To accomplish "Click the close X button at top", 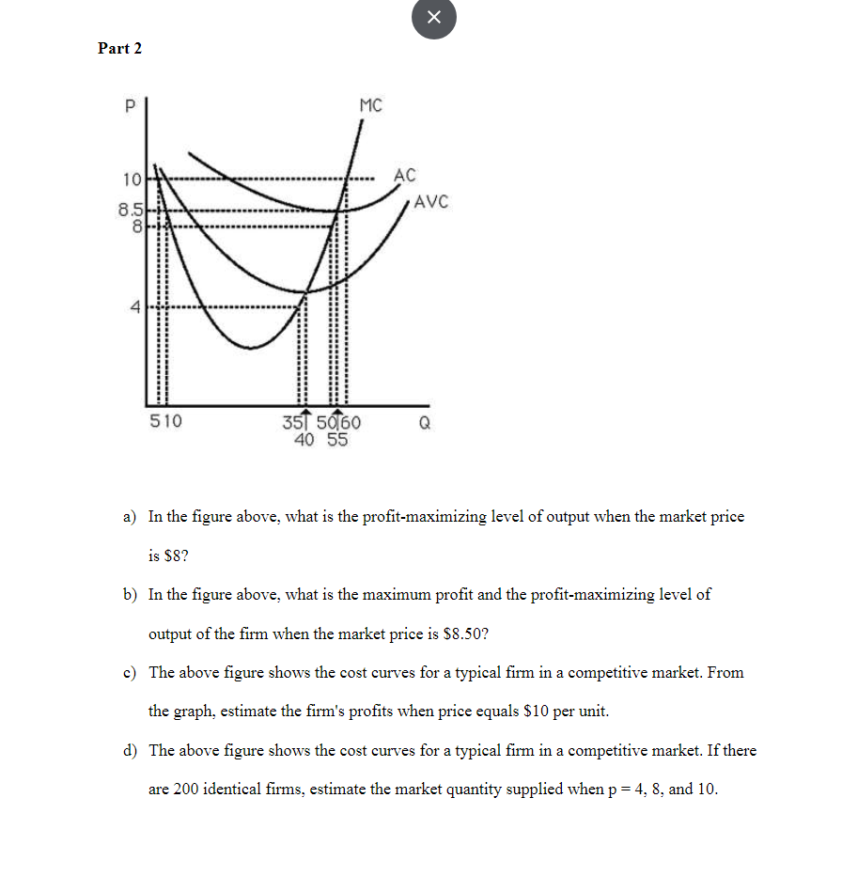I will point(433,18).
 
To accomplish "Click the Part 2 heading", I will point(120,48).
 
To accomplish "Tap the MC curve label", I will point(370,105).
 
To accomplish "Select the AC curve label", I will point(404,175).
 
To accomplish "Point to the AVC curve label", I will point(431,201).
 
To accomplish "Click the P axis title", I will point(130,106).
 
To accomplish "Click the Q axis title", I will point(425,423).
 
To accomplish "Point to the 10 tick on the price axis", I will point(130,179).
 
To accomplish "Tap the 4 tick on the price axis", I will point(134,306).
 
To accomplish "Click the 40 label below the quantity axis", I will point(304,438).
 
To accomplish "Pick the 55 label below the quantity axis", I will point(337,438).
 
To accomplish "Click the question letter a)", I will point(130,517).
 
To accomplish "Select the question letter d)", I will point(130,751).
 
